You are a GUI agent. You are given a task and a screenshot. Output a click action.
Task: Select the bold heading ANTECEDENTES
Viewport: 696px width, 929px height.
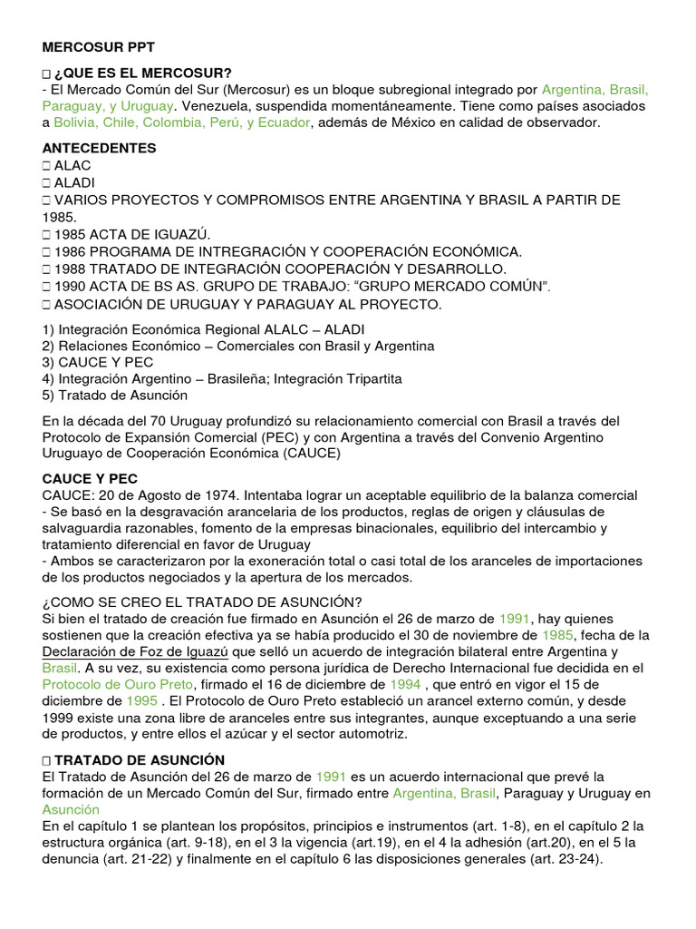[x=99, y=148]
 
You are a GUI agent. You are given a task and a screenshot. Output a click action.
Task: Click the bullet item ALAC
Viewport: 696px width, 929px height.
[x=72, y=165]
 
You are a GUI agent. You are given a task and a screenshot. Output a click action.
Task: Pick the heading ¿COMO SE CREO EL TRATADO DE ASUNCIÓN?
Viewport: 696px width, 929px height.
[x=203, y=602]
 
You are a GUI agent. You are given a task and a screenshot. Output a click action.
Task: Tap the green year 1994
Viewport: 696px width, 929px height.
[x=405, y=685]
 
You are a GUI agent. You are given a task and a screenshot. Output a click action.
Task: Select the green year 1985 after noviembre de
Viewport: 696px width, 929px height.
[x=559, y=636]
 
